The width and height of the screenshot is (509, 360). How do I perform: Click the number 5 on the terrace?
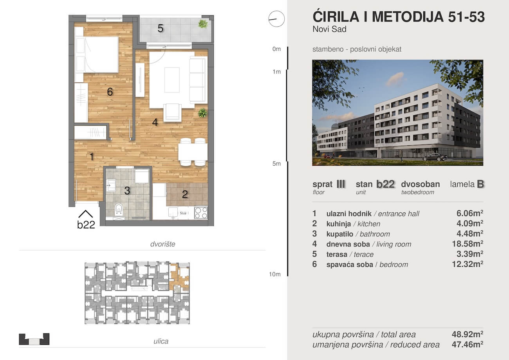pos(161,28)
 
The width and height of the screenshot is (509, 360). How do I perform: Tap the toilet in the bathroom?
pos(119,209)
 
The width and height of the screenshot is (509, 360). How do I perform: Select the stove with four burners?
pos(201,213)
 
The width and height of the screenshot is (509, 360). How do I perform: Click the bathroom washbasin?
pos(111,185)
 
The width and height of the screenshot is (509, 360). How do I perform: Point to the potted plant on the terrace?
pos(203,24)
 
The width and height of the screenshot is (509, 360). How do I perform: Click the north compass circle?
pos(276,19)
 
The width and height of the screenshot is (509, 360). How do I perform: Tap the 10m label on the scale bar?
pos(274,274)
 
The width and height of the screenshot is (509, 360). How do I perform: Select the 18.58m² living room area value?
pos(467,244)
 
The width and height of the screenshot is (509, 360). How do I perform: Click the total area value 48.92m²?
pos(467,334)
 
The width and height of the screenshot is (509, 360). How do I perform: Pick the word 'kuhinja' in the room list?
pos(339,224)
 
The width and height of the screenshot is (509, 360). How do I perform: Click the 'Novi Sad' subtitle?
pos(330,29)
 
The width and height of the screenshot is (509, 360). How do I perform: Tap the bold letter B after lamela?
pos(480,184)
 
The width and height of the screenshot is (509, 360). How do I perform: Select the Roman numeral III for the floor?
pos(341,184)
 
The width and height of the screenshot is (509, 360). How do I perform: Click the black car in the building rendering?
pos(435,157)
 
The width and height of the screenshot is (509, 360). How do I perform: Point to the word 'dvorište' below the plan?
pos(163,244)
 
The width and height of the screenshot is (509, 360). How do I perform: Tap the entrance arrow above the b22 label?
pos(85,214)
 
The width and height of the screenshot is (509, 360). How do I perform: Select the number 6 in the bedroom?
pos(110,92)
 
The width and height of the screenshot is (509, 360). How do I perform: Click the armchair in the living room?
pos(172,112)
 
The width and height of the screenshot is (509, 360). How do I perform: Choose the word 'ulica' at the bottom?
pos(161,341)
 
